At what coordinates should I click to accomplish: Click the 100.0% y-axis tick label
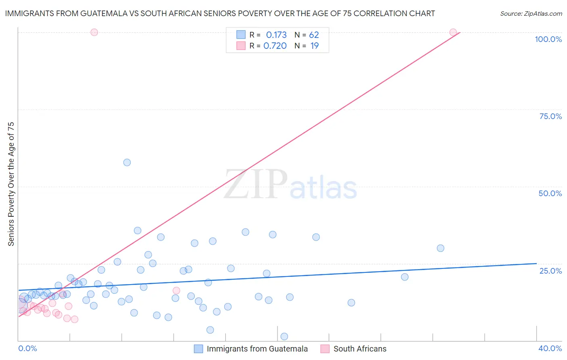point(548,39)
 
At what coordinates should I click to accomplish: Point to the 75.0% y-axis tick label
point(550,116)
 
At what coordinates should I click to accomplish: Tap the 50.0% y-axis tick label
point(550,193)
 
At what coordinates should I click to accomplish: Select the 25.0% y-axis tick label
point(550,271)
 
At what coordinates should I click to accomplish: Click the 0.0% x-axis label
point(27,348)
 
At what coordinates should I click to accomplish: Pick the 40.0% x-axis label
point(550,348)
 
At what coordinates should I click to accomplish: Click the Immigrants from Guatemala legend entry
point(257,349)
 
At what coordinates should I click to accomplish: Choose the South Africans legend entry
point(360,349)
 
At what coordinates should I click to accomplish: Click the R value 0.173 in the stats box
point(276,35)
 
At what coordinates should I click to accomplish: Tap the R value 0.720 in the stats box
point(275,46)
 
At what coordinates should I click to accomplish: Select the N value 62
point(314,35)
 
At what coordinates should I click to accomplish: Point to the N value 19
point(315,46)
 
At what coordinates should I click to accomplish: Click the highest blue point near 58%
point(127,162)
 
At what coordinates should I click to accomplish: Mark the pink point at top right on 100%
point(453,32)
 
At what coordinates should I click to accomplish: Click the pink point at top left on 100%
point(94,32)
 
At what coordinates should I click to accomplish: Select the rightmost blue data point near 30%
point(440,248)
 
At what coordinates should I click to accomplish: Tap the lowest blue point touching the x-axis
point(284,337)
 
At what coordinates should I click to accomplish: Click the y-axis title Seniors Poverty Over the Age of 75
point(11,184)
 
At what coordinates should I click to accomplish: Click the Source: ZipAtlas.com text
point(531,14)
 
